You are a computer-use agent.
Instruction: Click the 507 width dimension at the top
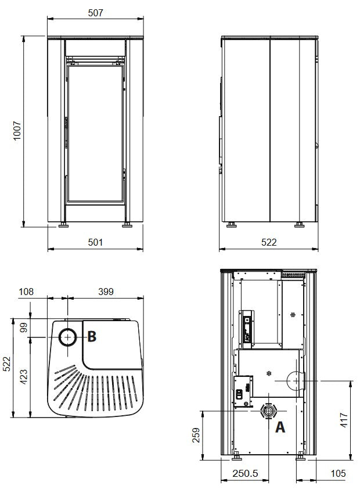[95, 13]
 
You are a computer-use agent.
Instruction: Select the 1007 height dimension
[17, 131]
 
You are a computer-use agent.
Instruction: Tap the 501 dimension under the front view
[95, 242]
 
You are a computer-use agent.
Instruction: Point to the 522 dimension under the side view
[269, 242]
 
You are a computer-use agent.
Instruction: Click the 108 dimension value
[26, 292]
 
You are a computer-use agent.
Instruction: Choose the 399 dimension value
[106, 292]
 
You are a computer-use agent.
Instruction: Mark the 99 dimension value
[24, 327]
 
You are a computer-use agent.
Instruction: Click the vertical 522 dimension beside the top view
[6, 364]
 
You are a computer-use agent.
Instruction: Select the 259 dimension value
[196, 435]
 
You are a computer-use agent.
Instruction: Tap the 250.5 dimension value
[245, 473]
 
